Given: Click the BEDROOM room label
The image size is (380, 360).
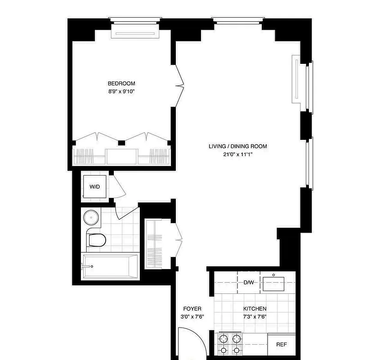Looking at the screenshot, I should (x=121, y=83).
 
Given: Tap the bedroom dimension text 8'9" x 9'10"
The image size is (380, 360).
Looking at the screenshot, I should (x=121, y=91).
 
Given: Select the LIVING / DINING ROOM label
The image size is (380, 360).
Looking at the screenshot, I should (x=237, y=146).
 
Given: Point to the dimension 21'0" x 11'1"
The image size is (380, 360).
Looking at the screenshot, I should (x=237, y=154).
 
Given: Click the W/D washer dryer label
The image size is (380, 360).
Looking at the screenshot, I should (x=94, y=186).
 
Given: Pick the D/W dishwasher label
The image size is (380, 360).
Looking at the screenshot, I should (x=249, y=283).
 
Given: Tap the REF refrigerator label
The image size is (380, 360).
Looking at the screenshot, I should (x=282, y=345).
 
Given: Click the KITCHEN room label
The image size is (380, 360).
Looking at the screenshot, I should (x=255, y=309).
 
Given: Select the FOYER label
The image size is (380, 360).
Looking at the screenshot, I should (x=192, y=309).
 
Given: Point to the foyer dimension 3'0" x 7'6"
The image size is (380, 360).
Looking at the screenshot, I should (x=192, y=316).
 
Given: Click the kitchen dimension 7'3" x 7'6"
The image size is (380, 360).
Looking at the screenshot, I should (x=255, y=316).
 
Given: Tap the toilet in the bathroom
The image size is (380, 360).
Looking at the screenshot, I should (x=95, y=240).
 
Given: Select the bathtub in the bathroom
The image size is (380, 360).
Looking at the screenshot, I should (x=111, y=266).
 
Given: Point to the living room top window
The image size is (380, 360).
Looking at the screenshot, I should (x=238, y=19).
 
